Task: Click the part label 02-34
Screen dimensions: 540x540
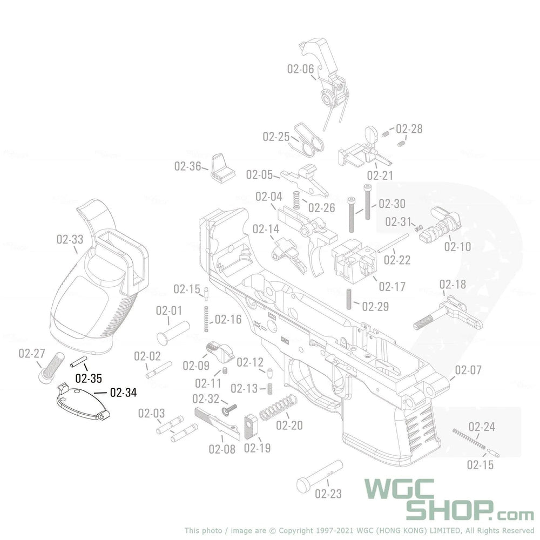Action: (x=123, y=393)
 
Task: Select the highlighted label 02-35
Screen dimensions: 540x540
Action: (x=89, y=379)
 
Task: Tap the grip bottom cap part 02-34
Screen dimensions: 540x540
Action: (x=83, y=402)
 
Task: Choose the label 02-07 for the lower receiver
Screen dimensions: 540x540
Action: (x=468, y=370)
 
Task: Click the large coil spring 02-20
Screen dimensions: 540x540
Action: (x=278, y=408)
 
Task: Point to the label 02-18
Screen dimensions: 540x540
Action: (x=453, y=285)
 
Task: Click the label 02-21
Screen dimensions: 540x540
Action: (x=380, y=175)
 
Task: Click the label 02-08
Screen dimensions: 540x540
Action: (x=222, y=449)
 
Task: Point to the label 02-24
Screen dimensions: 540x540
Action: (x=482, y=427)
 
